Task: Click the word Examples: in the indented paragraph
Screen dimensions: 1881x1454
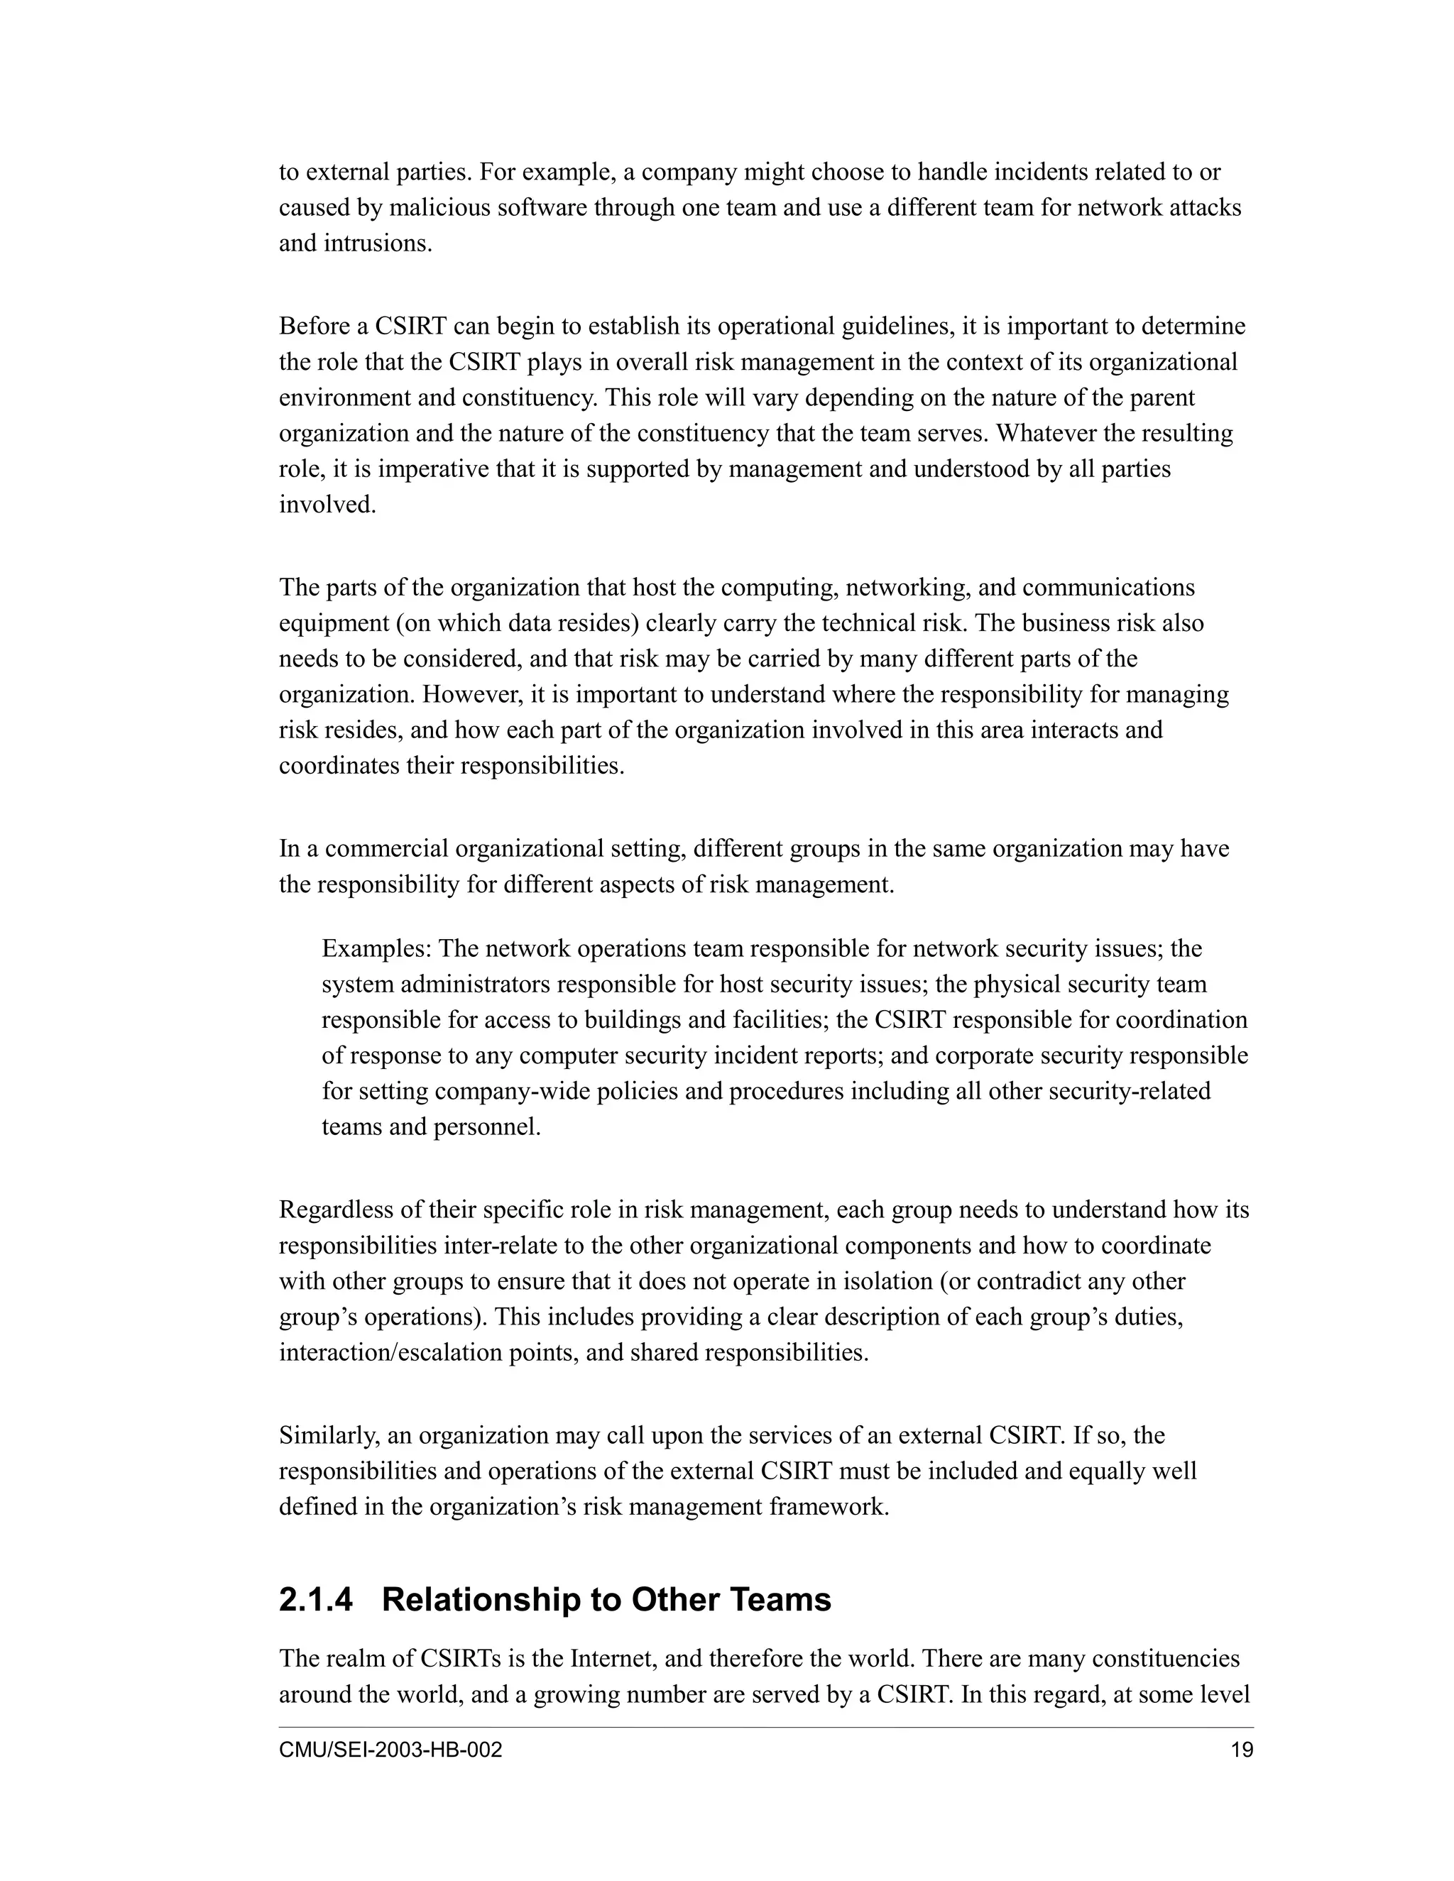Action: tap(376, 948)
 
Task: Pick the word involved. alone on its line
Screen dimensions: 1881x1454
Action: tap(327, 504)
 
